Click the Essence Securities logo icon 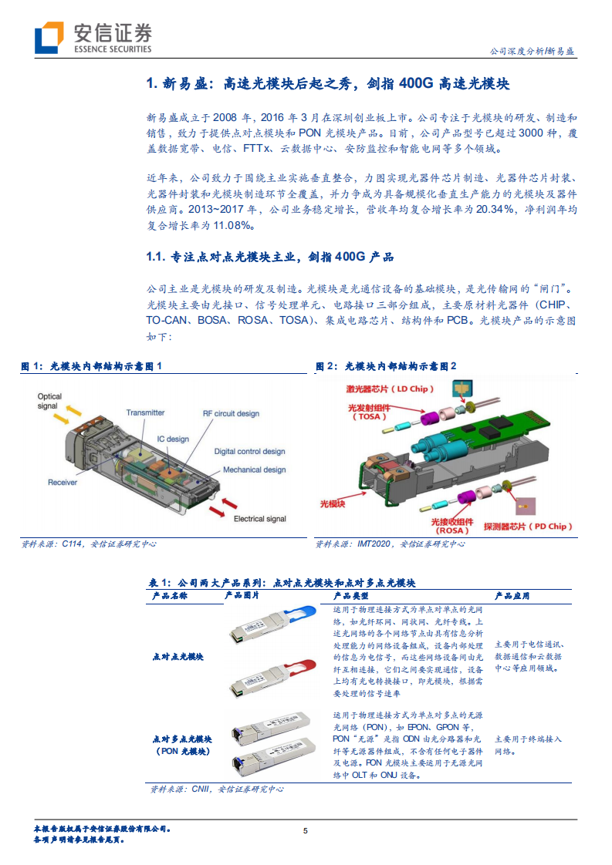49,37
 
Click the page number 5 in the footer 306,830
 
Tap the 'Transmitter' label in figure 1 145,412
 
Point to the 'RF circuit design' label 231,414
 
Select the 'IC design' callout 173,439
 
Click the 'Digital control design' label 249,452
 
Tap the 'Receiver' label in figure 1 63,482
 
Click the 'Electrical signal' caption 260,519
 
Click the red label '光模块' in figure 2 333,501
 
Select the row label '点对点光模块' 178,656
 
